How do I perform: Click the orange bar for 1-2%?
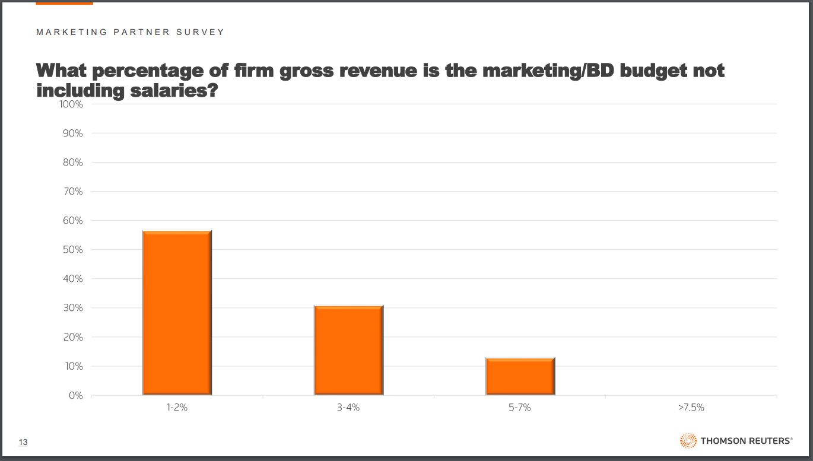click(177, 313)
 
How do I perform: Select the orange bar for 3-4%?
click(348, 350)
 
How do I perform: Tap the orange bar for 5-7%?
click(520, 376)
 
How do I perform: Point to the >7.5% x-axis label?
click(691, 408)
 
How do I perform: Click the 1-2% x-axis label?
click(177, 408)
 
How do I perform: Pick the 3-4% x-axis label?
click(348, 408)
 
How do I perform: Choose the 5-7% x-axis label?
click(520, 408)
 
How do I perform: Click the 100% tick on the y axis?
click(71, 104)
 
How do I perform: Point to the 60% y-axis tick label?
click(72, 221)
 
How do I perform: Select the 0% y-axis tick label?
click(75, 396)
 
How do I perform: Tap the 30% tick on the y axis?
click(72, 308)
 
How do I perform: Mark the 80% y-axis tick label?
click(72, 163)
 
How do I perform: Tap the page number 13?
click(24, 442)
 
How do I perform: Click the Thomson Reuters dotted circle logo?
click(688, 441)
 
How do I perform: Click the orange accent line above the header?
click(64, 4)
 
